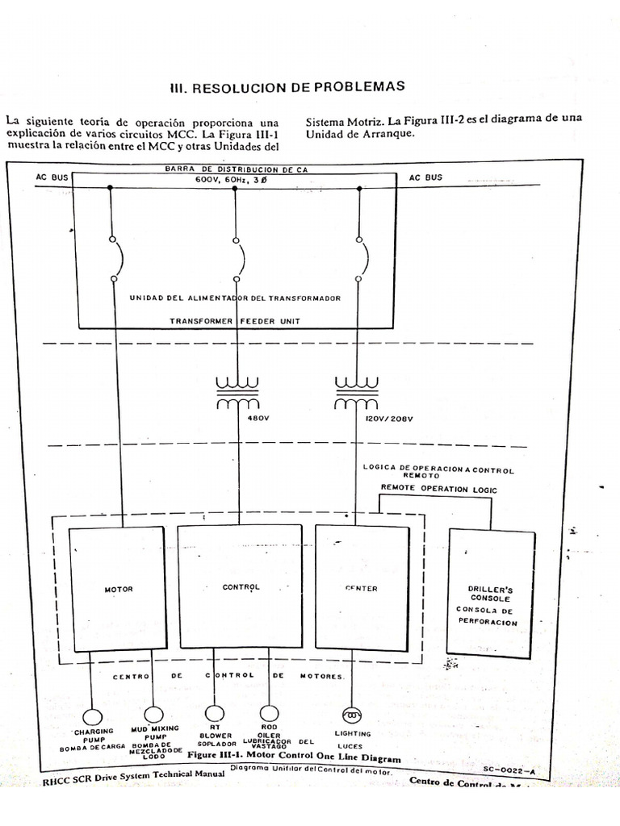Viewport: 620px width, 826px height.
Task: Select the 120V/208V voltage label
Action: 388,419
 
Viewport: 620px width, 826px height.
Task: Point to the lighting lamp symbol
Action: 353,715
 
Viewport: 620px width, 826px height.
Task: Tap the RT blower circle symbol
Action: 214,713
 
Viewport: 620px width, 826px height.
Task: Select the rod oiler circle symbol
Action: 269,713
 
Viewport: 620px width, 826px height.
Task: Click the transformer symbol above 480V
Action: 236,392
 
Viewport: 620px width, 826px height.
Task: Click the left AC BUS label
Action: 52,177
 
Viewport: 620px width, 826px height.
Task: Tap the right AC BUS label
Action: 425,177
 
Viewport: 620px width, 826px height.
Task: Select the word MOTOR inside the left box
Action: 119,590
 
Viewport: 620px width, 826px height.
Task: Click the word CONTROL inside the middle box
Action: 241,587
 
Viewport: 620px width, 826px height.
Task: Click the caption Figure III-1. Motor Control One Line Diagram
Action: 293,758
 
